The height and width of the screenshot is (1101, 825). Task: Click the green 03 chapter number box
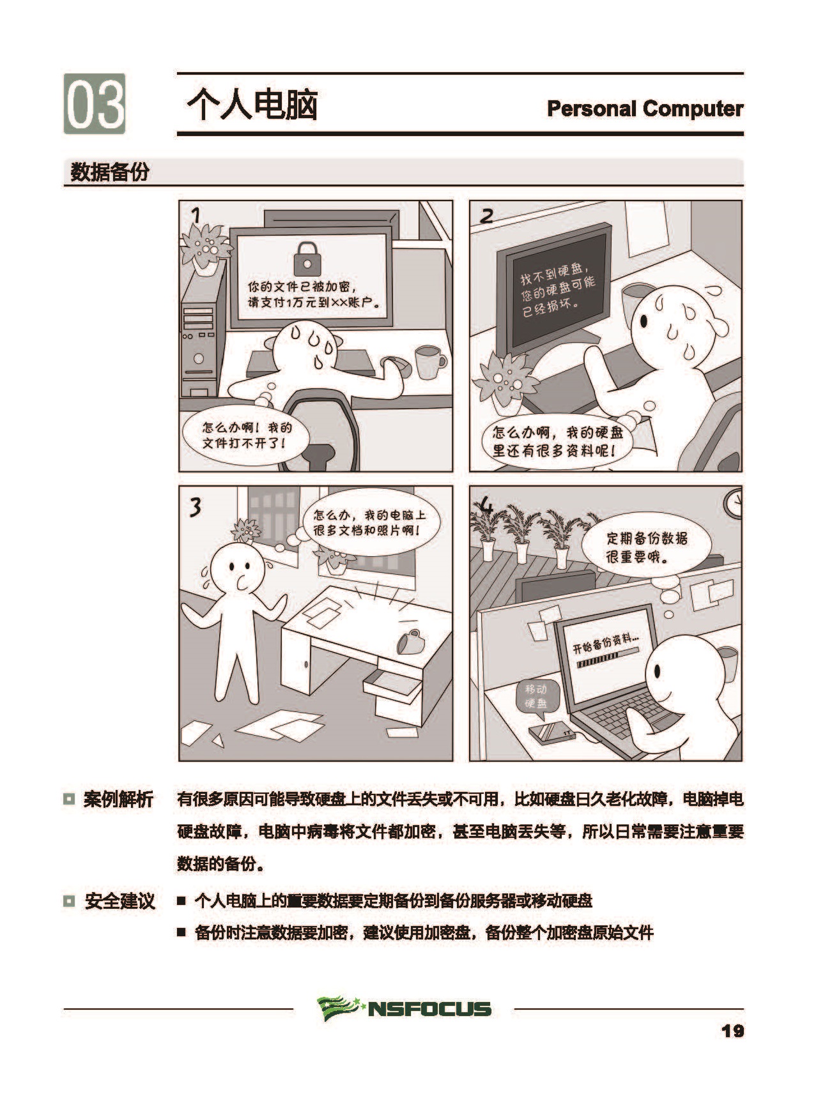point(94,103)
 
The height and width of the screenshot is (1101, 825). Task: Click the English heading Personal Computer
point(645,109)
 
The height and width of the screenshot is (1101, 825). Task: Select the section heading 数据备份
point(109,172)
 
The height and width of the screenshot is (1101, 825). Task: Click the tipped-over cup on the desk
point(408,641)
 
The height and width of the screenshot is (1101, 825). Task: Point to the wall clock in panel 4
point(734,502)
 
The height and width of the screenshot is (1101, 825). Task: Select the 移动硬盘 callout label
point(536,696)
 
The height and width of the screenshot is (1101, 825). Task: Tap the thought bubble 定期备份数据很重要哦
point(646,547)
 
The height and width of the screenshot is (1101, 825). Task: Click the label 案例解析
point(118,799)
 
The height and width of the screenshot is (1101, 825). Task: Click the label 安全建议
point(119,901)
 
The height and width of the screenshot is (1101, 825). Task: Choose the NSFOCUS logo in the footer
point(404,1008)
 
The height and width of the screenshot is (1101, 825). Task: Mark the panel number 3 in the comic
point(195,506)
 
